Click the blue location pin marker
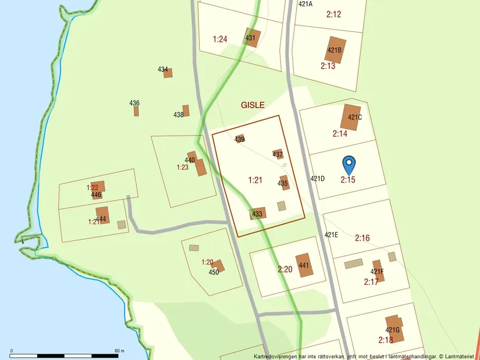pos(349,164)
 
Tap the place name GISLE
pos(253,105)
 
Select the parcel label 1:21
pos(255,180)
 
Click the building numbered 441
pos(303,265)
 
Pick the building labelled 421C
pos(351,116)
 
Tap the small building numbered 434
pos(168,73)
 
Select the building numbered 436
pos(136,111)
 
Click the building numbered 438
pos(186,111)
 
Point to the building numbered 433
pos(258,213)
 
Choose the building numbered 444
pos(102,215)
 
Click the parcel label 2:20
pos(285,269)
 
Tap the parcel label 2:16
pos(362,237)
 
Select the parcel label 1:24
pos(219,40)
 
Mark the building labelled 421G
pos(394,325)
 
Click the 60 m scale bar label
pos(119,351)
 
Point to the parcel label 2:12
pos(333,15)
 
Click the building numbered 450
pos(218,266)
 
